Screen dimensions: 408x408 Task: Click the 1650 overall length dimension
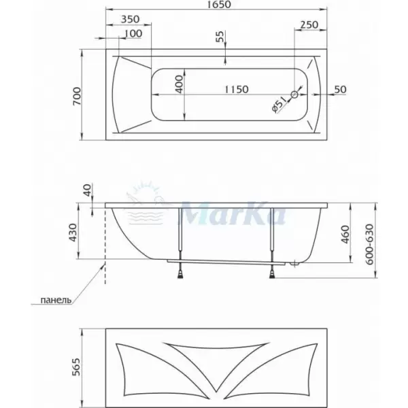click(220, 4)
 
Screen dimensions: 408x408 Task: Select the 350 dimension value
click(131, 19)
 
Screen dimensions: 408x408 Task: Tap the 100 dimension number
click(133, 33)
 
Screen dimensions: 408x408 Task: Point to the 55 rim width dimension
click(220, 37)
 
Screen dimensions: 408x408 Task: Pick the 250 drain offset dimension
click(309, 24)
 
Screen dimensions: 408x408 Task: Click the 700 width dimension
click(77, 97)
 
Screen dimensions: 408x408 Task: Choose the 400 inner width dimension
click(180, 84)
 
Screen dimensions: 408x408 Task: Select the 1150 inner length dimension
click(236, 90)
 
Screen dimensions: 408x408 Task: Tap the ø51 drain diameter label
click(278, 104)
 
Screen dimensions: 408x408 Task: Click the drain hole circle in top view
click(294, 95)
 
